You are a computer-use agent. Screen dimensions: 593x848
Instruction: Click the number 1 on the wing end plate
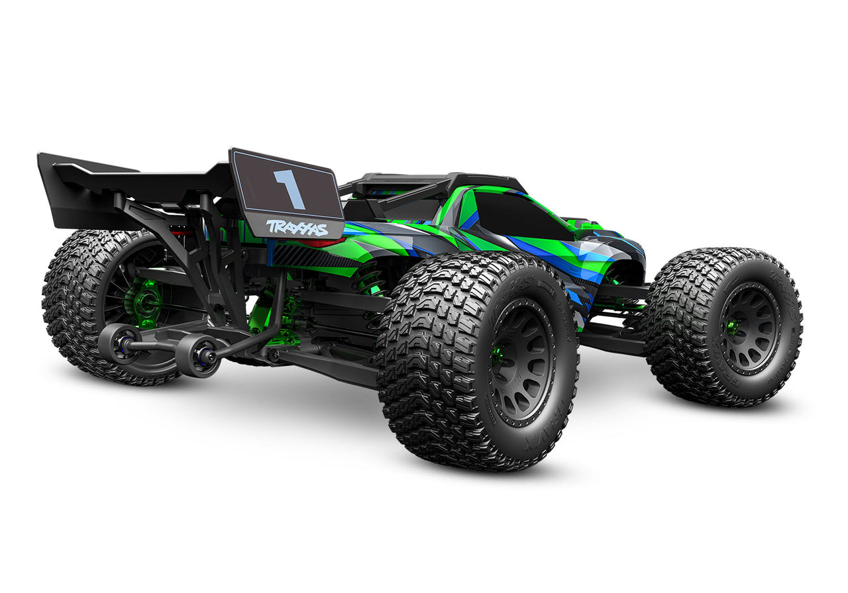point(290,189)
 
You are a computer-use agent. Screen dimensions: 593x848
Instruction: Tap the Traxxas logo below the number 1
point(297,228)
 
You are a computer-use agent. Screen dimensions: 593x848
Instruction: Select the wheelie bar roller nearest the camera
point(197,355)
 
